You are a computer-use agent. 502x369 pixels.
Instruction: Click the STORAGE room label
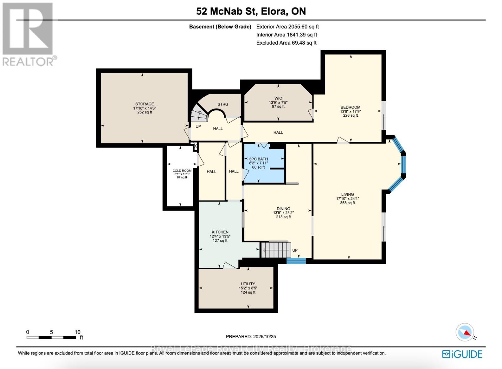pyautogui.click(x=145, y=104)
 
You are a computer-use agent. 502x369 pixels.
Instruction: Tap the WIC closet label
pyautogui.click(x=278, y=98)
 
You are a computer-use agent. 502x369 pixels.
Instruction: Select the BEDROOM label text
pyautogui.click(x=350, y=107)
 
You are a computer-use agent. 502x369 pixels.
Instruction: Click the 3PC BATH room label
pyautogui.click(x=258, y=159)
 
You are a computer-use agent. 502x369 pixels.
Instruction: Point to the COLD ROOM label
pyautogui.click(x=182, y=171)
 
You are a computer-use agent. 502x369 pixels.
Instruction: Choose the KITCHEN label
pyautogui.click(x=220, y=232)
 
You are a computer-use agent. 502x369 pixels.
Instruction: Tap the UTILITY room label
pyautogui.click(x=248, y=284)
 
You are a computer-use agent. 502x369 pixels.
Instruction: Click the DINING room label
pyautogui.click(x=283, y=209)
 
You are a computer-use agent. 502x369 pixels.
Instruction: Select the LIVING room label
pyautogui.click(x=347, y=194)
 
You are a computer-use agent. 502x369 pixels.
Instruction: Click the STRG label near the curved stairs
pyautogui.click(x=223, y=104)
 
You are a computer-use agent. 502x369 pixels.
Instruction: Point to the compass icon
pyautogui.click(x=465, y=332)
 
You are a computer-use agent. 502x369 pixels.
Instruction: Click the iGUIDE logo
pyautogui.click(x=462, y=354)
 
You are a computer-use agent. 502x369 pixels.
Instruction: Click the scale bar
pyautogui.click(x=51, y=338)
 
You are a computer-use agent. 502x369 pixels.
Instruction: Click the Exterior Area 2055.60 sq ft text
pyautogui.click(x=287, y=27)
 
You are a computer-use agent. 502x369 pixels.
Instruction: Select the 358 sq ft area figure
pyautogui.click(x=347, y=203)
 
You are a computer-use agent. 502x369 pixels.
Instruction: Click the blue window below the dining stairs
pyautogui.click(x=296, y=260)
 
